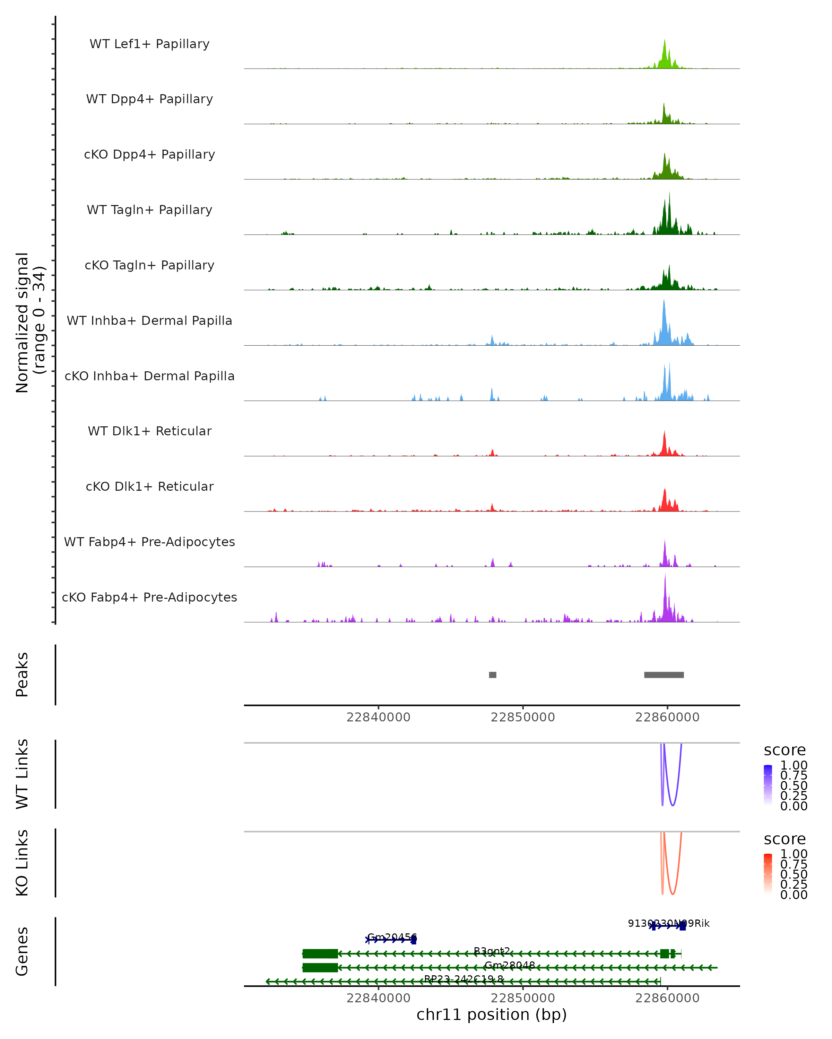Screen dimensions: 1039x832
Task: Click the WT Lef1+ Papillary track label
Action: point(149,44)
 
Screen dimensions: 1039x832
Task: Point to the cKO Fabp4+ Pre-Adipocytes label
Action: point(149,597)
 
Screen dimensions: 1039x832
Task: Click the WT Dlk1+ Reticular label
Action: point(149,431)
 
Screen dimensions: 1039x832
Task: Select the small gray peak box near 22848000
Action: point(493,675)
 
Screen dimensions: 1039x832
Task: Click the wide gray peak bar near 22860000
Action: point(664,675)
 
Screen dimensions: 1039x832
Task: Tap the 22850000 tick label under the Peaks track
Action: point(523,717)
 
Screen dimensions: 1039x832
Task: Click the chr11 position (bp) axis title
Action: point(492,1014)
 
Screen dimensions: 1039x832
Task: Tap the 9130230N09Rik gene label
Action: point(668,923)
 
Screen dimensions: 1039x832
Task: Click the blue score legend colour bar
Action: point(768,785)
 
